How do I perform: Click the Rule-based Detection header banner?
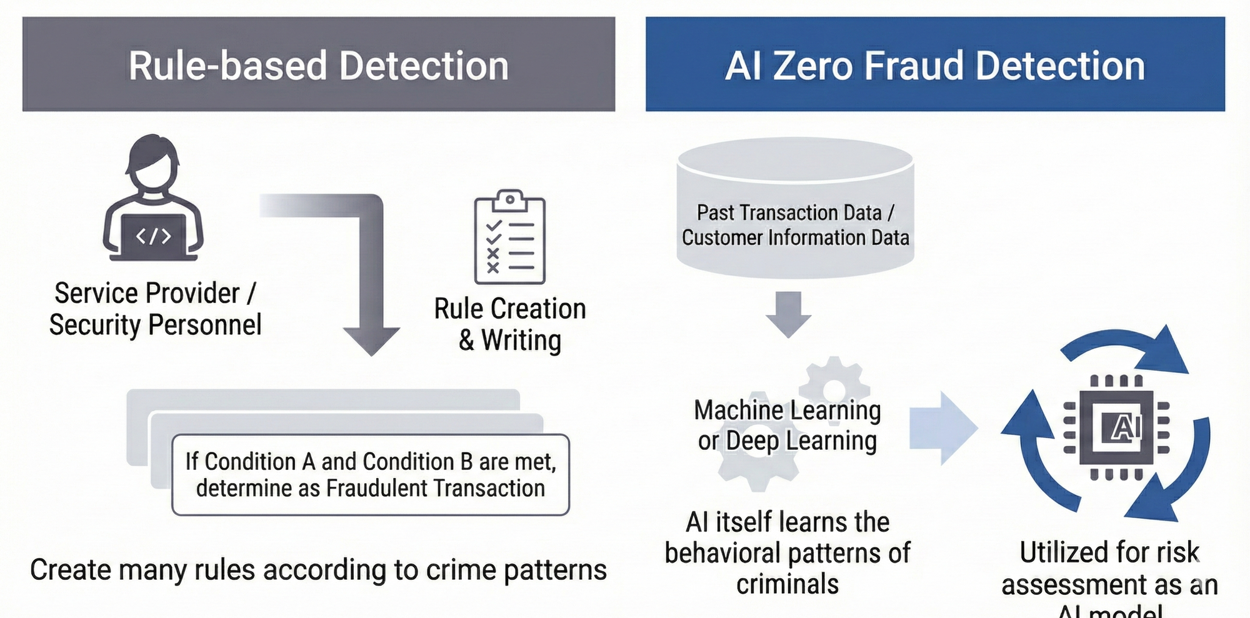319,64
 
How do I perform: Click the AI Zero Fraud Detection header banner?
935,64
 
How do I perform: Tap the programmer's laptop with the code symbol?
154,236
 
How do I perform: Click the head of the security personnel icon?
152,164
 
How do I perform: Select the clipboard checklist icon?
509,237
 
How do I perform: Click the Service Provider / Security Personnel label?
155,309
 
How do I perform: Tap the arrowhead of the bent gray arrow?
371,341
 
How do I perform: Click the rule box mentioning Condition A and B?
370,474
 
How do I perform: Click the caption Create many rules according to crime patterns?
318,570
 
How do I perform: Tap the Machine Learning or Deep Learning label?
787,426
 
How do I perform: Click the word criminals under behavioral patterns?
787,584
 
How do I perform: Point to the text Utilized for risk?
1109,552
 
